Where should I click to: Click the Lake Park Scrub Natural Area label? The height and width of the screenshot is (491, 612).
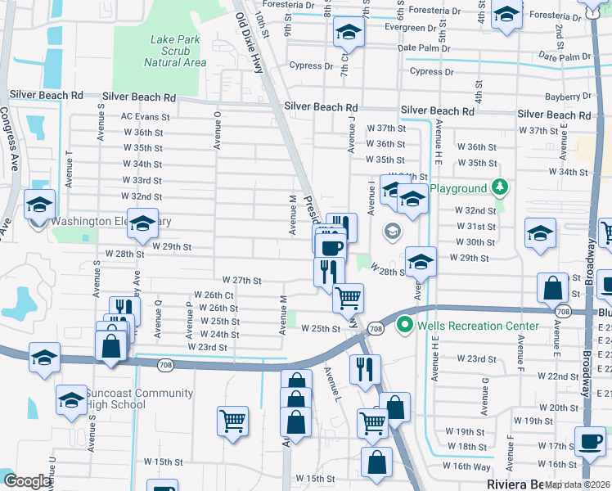pos(174,51)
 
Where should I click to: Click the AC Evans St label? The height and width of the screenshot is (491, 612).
pos(145,116)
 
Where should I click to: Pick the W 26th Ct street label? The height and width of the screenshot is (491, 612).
pos(214,295)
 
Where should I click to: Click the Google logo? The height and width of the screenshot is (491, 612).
pos(26,481)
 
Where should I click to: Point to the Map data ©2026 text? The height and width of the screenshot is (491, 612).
pos(576,484)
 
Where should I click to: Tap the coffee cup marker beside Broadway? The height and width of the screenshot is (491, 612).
pos(589,443)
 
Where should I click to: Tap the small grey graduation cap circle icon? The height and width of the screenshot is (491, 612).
pos(392,232)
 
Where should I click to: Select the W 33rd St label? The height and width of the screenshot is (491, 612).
pos(147,180)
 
